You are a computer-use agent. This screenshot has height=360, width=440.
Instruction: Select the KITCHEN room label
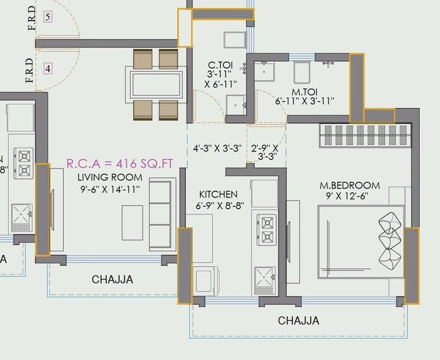point(218,194)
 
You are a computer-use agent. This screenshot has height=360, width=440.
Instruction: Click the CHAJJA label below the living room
point(112,280)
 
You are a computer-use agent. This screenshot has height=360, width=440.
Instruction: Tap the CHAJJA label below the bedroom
point(298,321)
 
